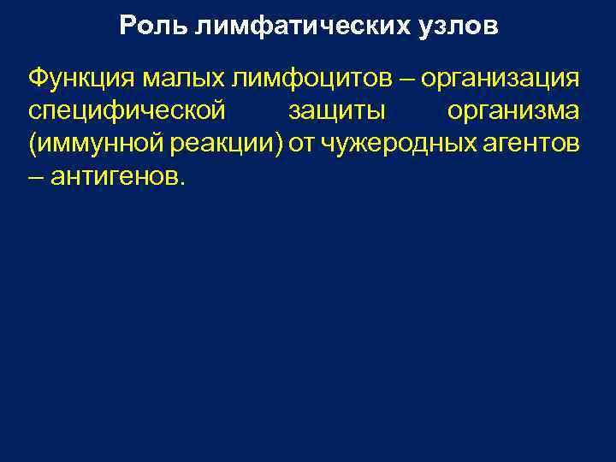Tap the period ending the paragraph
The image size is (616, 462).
pos(181,184)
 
